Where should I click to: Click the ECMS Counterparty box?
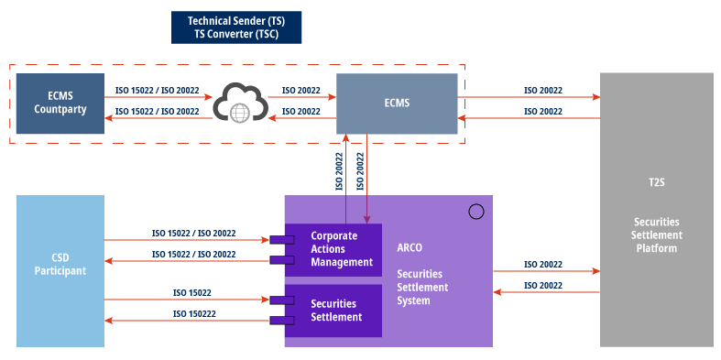[x=60, y=103]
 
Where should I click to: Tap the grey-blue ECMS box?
[x=396, y=103]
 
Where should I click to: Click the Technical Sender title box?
[x=235, y=27]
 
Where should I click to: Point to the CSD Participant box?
[x=60, y=270]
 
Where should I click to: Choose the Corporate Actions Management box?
[x=333, y=249]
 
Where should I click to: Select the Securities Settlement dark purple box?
[x=333, y=311]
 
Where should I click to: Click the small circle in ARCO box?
[x=475, y=212]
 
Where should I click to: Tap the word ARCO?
[x=410, y=247]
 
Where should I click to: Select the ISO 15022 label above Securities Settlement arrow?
[x=192, y=293]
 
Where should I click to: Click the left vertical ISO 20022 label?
[x=339, y=171]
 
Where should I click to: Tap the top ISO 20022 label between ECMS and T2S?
[x=542, y=91]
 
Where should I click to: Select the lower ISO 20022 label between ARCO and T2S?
[x=542, y=286]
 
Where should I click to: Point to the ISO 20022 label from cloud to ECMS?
[x=300, y=91]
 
